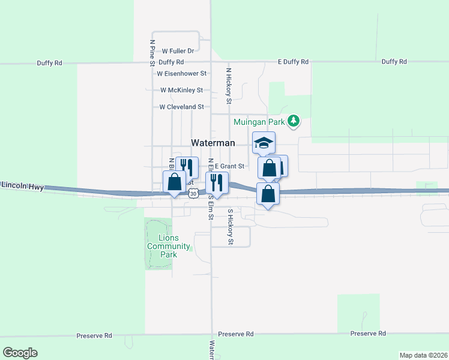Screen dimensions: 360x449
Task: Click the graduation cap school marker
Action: coord(264,143)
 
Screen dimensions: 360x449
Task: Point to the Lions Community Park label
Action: coord(169,247)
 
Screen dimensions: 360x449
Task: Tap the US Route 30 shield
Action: coord(192,193)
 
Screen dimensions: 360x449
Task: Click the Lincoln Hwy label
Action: coord(22,187)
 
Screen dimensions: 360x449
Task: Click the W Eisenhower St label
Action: coord(181,74)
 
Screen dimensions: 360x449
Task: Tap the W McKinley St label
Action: coord(181,90)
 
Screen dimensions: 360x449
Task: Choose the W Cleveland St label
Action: coord(181,107)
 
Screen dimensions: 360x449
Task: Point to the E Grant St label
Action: coord(229,166)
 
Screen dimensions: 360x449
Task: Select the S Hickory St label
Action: coord(230,227)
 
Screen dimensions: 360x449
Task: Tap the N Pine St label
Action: coord(152,53)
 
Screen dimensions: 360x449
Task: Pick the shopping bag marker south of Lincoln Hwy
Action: coord(268,194)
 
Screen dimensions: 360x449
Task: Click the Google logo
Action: coord(20,353)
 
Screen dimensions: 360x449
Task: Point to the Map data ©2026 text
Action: coord(423,355)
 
